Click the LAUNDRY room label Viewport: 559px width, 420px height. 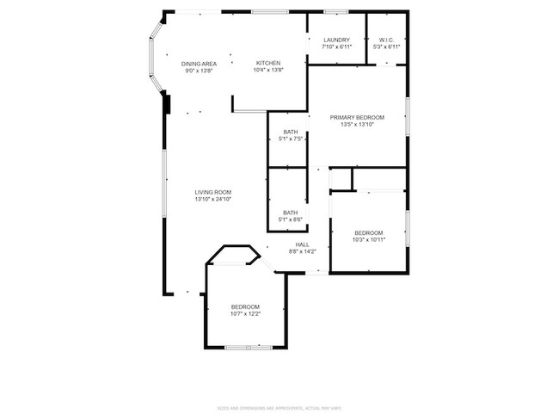coord(336,40)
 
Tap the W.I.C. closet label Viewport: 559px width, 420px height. coord(386,40)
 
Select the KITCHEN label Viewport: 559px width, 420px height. coord(268,64)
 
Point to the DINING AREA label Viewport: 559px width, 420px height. coord(199,64)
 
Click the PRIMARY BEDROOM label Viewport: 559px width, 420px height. coord(357,118)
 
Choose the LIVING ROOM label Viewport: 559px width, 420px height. coord(212,192)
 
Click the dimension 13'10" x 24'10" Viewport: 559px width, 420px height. coord(212,200)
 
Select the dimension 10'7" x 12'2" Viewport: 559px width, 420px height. coord(245,314)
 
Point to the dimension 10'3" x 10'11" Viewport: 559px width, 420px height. coord(369,240)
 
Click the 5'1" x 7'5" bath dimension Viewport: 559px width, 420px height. coord(291,139)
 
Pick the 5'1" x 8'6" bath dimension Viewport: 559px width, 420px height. coord(291,220)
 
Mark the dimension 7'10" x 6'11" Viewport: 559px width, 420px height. coord(336,47)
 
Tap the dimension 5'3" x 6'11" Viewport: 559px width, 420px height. coord(386,47)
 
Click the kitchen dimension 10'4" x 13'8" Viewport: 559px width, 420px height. coord(268,71)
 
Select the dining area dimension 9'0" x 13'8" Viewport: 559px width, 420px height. coord(199,71)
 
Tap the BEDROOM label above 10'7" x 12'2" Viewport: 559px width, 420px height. coord(245,306)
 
